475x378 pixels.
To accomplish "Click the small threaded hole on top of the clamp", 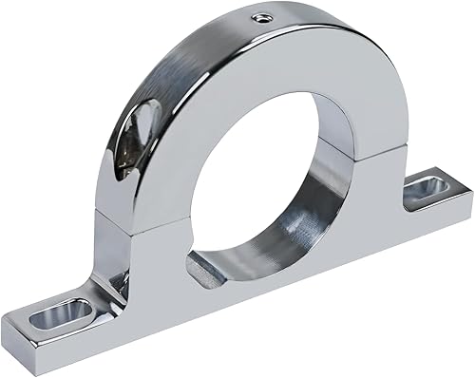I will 259,16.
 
